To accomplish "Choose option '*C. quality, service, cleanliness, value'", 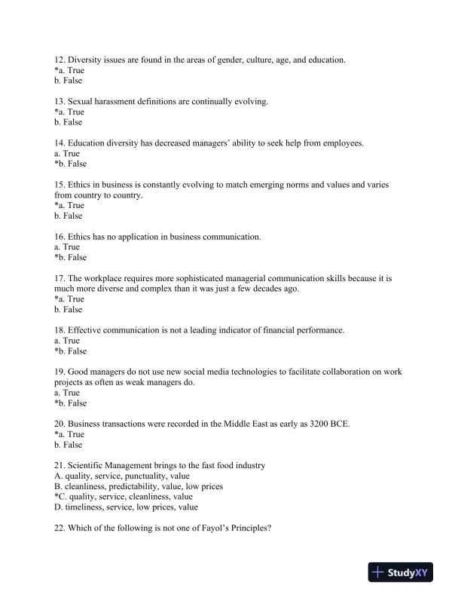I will tap(124, 497).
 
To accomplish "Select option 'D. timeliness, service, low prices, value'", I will tap(125, 507).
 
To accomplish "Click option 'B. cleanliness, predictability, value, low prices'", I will tap(139, 486).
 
